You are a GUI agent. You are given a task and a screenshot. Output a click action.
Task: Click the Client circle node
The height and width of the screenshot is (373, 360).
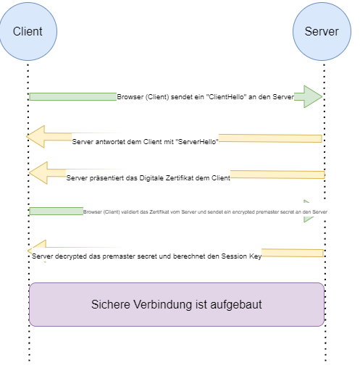pyautogui.click(x=28, y=31)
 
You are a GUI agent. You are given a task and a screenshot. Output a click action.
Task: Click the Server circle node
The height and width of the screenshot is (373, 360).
pyautogui.click(x=321, y=31)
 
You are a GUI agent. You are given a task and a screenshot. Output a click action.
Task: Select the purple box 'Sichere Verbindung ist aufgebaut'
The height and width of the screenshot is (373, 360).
pyautogui.click(x=176, y=304)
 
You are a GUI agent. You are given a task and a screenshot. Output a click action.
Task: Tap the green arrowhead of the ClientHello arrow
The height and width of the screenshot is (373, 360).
pyautogui.click(x=312, y=96)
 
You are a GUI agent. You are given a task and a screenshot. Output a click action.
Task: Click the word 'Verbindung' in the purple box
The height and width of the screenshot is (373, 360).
pyautogui.click(x=167, y=305)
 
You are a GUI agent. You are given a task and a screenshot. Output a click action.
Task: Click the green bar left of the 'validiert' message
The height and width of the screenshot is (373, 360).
pyautogui.click(x=56, y=211)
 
